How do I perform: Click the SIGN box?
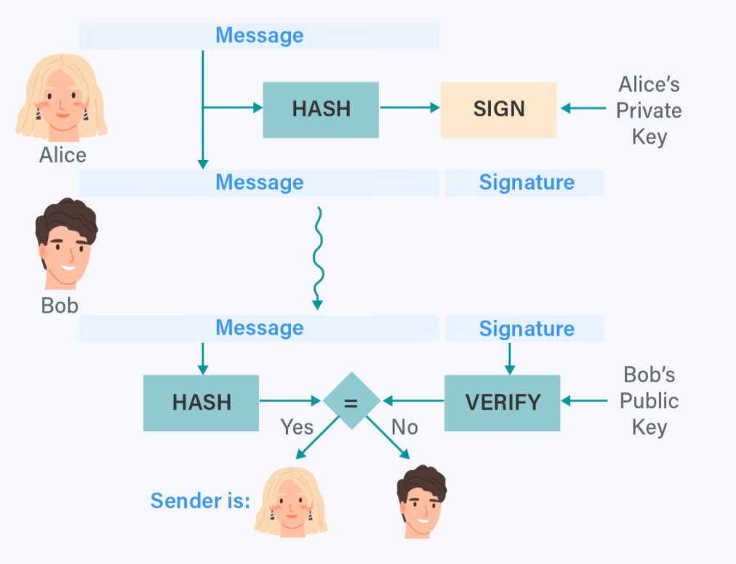498,109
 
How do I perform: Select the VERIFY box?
502,402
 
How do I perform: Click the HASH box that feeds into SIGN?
321,109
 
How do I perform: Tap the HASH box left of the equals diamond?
201,402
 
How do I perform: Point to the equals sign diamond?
351,401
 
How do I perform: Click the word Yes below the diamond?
297,427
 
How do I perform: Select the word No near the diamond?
404,427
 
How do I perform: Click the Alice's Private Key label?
649,110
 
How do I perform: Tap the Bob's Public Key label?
649,401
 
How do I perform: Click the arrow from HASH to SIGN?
409,108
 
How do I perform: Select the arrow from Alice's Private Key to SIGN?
583,109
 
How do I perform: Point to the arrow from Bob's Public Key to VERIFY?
585,400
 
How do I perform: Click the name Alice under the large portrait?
63,155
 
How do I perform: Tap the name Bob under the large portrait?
60,305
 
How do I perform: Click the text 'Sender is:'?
200,501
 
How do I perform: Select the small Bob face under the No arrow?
421,501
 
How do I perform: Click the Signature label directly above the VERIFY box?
526,329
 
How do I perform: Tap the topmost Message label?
259,35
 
